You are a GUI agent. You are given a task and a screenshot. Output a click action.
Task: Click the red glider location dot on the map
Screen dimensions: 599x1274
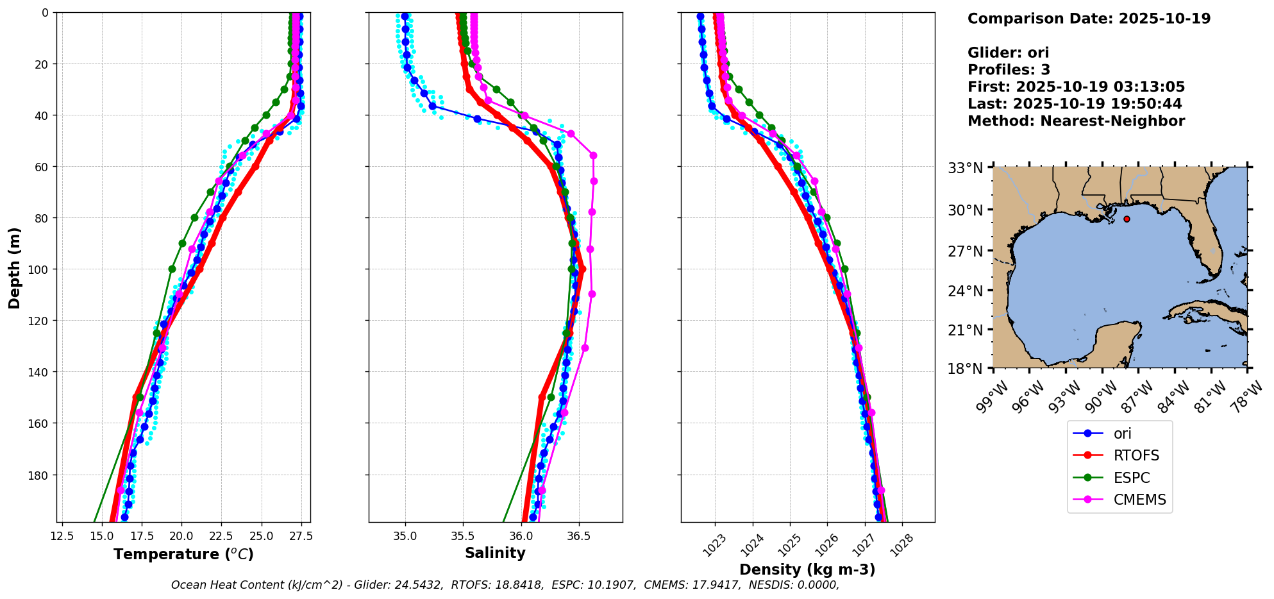(1127, 219)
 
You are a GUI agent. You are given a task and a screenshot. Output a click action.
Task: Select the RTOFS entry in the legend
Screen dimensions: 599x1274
(1136, 456)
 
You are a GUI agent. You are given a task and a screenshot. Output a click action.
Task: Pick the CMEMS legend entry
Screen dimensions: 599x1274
(1139, 500)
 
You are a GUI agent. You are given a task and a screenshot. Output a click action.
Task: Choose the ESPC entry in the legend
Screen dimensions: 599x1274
(1131, 478)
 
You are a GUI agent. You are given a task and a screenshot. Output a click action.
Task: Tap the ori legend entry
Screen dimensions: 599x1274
(1122, 434)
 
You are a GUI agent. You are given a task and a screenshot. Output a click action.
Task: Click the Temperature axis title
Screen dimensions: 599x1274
(183, 554)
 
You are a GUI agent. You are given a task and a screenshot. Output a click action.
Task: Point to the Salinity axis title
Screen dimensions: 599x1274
(495, 553)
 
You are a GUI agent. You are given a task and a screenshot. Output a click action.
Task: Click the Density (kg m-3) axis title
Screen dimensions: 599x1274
(807, 569)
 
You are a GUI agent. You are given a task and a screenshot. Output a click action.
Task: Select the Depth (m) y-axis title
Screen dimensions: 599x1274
(15, 267)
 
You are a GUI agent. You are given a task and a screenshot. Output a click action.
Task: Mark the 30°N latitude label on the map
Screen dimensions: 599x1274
(966, 210)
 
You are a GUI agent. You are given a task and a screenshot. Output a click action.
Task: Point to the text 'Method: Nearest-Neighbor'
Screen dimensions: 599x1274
(1076, 121)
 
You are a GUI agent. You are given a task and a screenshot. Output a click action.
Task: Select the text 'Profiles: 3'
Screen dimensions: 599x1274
(1009, 70)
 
